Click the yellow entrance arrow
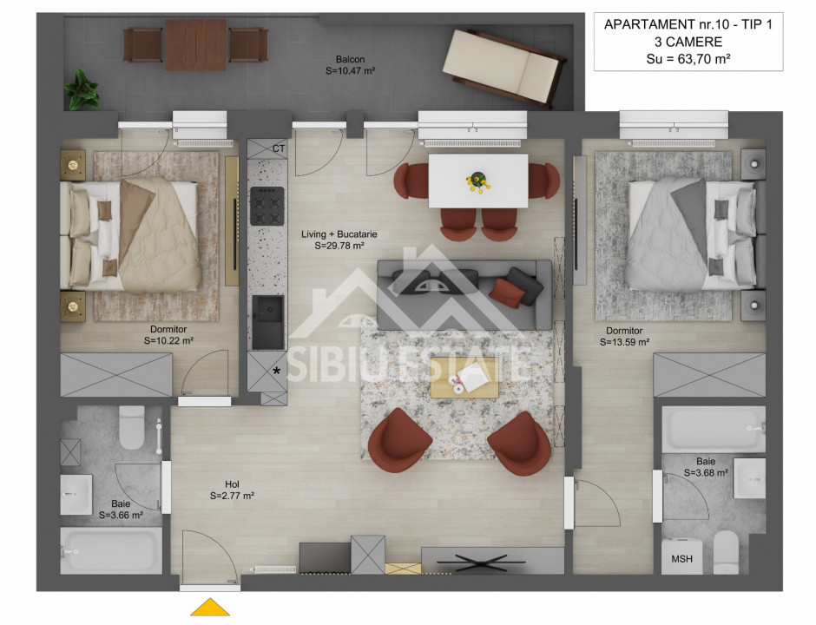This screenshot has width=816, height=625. pyautogui.click(x=210, y=607)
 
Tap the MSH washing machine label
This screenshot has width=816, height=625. pyautogui.click(x=682, y=559)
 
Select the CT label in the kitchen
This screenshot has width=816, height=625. pyautogui.click(x=278, y=148)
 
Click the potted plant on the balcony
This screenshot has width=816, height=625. pyautogui.click(x=82, y=88)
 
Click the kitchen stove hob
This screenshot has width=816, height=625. pyautogui.click(x=267, y=206)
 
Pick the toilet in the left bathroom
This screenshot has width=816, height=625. pyautogui.click(x=132, y=426)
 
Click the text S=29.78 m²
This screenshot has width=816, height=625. pyautogui.click(x=339, y=246)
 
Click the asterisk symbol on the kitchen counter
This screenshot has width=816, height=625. pyautogui.click(x=277, y=371)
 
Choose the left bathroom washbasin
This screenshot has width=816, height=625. pyautogui.click(x=76, y=495)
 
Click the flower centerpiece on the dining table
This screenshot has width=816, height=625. pyautogui.click(x=477, y=181)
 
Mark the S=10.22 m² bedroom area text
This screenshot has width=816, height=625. pyautogui.click(x=168, y=341)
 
